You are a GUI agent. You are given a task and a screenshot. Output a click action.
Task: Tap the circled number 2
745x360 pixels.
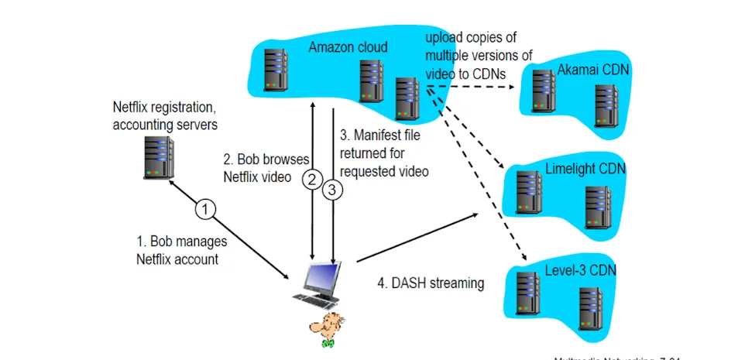[x=312, y=180]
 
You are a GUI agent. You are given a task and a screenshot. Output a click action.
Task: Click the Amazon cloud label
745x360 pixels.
[x=348, y=47]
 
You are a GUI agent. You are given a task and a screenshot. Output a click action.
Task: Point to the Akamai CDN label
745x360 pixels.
[x=593, y=71]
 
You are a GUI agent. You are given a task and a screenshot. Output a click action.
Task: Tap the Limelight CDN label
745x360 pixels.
[x=585, y=169]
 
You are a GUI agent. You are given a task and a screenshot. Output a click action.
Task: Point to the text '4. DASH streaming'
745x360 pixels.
[x=431, y=283]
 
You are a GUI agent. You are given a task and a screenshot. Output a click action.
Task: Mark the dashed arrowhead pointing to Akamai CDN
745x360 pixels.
[x=514, y=87]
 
